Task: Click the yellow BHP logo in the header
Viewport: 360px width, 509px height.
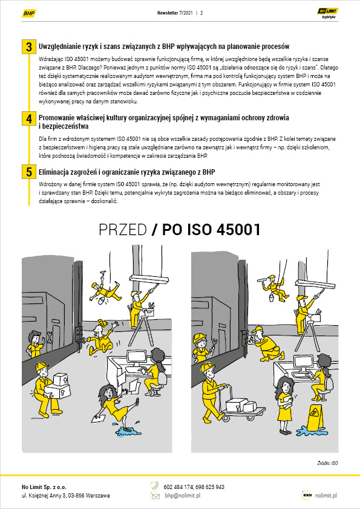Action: pos(29,13)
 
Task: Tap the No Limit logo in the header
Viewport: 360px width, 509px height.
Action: pos(328,13)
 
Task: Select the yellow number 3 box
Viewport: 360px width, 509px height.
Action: pos(29,47)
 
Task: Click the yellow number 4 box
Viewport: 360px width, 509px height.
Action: pos(29,118)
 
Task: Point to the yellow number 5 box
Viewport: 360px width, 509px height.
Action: pos(29,172)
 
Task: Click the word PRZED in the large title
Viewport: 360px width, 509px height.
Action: pos(122,230)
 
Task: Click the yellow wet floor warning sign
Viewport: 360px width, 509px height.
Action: pos(315,418)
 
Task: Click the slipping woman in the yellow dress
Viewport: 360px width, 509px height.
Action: pos(116,406)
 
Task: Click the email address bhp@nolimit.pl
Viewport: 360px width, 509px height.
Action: pos(183,496)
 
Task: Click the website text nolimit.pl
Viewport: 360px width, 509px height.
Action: pos(326,496)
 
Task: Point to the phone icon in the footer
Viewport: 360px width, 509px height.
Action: pos(155,486)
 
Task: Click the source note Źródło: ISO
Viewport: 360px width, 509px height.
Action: pos(327,463)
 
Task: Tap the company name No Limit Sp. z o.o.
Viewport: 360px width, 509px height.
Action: pos(44,487)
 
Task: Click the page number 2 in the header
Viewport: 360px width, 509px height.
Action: pos(201,13)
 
